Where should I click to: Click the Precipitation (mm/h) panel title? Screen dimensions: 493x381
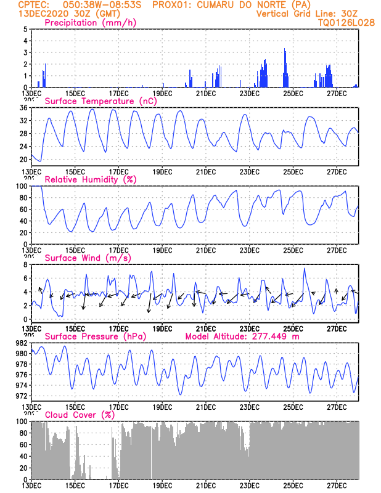pyautogui.click(x=91, y=23)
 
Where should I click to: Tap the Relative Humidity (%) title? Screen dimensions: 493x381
pyautogui.click(x=90, y=179)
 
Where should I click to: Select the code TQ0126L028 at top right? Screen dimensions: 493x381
pyautogui.click(x=346, y=23)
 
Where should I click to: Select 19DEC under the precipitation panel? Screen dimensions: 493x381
pyautogui.click(x=162, y=93)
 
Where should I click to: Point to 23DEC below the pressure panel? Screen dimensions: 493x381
pyautogui.click(x=249, y=407)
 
